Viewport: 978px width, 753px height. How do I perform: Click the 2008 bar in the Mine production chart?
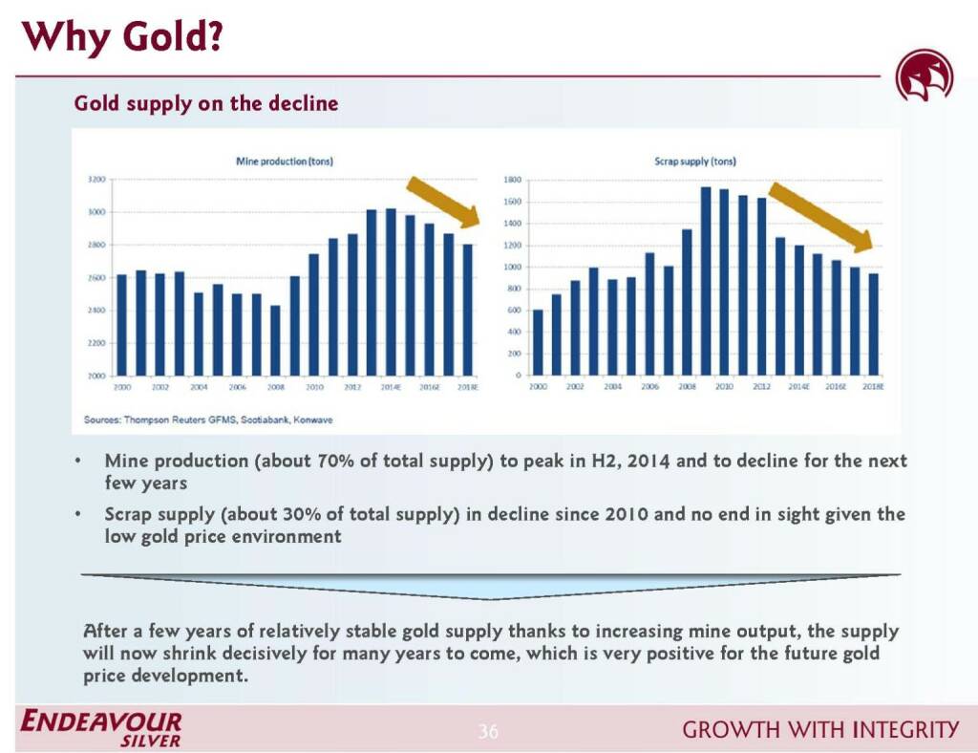point(275,340)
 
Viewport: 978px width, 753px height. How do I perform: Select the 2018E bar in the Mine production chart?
point(467,310)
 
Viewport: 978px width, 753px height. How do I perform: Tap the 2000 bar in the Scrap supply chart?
point(538,342)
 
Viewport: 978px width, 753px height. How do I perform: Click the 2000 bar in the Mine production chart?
point(121,325)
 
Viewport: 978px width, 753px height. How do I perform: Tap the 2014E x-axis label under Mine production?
point(391,387)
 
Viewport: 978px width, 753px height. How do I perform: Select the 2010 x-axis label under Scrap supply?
point(723,387)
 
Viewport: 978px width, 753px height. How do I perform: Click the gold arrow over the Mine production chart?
point(443,202)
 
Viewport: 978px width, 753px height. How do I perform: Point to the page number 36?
point(488,732)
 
